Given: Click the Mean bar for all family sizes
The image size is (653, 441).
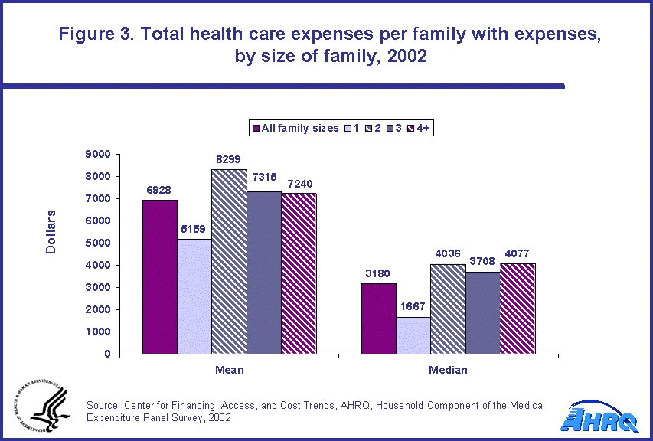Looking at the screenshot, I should click(x=159, y=276).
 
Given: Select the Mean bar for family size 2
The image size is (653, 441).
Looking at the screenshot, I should click(x=229, y=261).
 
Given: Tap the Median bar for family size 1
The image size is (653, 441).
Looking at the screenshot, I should click(x=413, y=335).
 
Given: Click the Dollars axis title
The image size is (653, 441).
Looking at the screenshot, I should click(x=51, y=231).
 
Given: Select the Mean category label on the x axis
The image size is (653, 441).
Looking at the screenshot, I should click(x=230, y=370).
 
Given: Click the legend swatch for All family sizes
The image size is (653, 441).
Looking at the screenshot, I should click(x=256, y=128).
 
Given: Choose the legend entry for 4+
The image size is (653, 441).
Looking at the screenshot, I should click(x=420, y=128).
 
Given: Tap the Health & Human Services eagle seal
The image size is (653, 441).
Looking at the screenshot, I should click(x=42, y=407).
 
